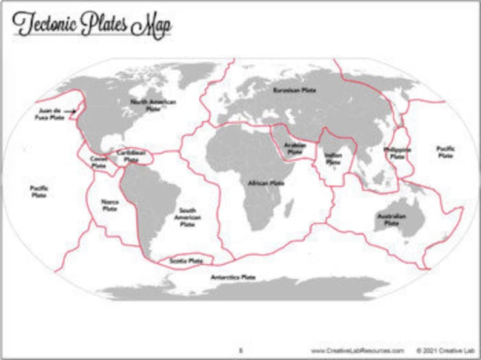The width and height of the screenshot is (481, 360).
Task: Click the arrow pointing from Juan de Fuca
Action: tap(72, 111)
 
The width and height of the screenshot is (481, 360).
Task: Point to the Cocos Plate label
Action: tap(98, 161)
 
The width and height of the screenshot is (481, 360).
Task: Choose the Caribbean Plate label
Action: tap(131, 156)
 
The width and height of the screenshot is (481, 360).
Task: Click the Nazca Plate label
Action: tap(110, 205)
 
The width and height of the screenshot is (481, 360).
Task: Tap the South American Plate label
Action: tap(185, 218)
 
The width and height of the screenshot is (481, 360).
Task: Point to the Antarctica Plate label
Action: tap(233, 277)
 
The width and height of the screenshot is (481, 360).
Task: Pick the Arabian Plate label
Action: tap(295, 149)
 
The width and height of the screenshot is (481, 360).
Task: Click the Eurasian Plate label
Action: tap(294, 90)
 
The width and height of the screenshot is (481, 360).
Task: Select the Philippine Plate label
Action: tap(397, 153)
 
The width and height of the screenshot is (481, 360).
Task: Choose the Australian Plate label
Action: tap(391, 219)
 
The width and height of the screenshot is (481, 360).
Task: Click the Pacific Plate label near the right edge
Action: tap(445, 152)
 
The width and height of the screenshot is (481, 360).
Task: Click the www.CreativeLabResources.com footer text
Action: tap(357, 350)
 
